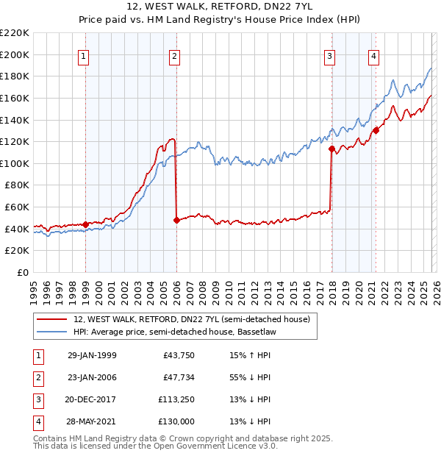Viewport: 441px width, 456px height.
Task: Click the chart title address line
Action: click(x=220, y=7)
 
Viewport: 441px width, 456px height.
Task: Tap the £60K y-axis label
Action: click(x=17, y=207)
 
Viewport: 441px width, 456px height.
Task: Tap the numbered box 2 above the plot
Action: click(x=174, y=56)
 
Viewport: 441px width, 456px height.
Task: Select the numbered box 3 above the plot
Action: click(x=330, y=56)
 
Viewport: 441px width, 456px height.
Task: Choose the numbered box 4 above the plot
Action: click(x=374, y=56)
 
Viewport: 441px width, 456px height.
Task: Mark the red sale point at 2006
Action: click(x=176, y=220)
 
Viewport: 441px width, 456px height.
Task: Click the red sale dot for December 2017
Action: click(x=331, y=149)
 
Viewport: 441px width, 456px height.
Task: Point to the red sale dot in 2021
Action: click(x=376, y=130)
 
